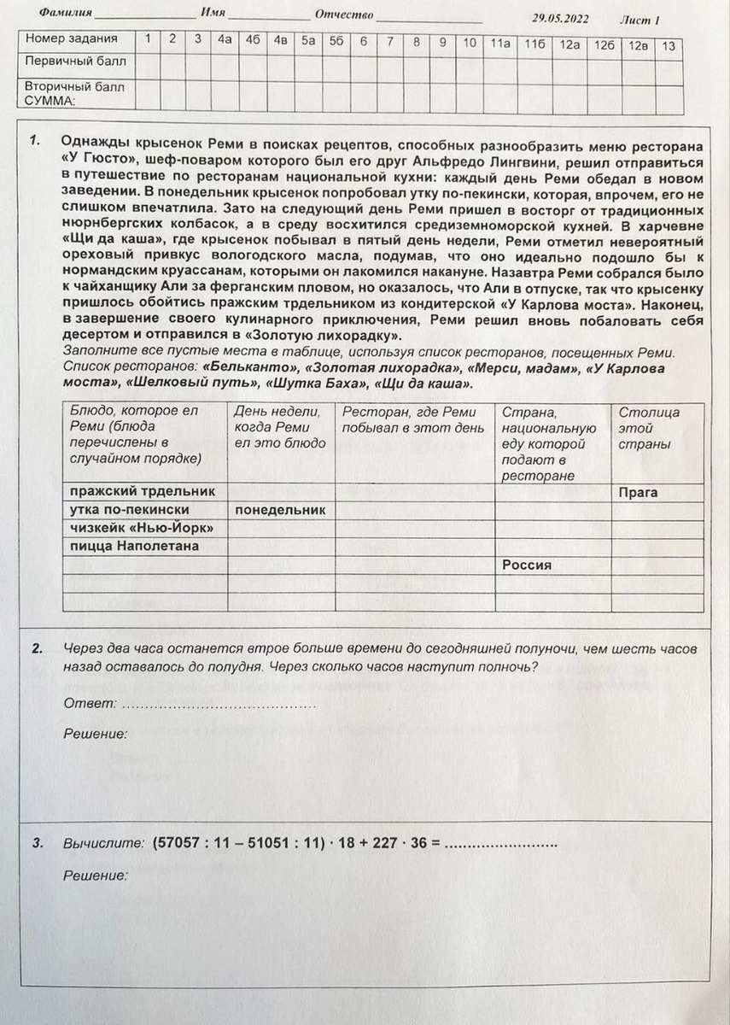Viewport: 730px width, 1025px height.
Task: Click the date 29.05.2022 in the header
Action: point(560,18)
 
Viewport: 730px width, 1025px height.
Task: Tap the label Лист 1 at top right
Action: point(639,20)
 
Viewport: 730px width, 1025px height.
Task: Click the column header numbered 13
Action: point(669,46)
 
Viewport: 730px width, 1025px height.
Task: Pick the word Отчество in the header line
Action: point(344,15)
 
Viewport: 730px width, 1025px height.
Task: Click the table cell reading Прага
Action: point(638,493)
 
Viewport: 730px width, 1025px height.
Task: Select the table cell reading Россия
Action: point(527,565)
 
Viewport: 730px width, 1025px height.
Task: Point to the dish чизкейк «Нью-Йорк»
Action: point(141,528)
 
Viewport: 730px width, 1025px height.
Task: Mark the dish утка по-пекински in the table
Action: point(130,510)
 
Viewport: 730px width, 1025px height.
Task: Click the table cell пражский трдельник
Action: point(142,492)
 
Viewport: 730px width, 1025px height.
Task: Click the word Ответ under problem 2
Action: point(90,703)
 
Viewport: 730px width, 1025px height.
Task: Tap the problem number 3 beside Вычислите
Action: point(38,843)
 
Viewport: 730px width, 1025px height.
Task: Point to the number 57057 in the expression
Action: point(178,843)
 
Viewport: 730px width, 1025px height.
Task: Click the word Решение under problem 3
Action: point(96,876)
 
